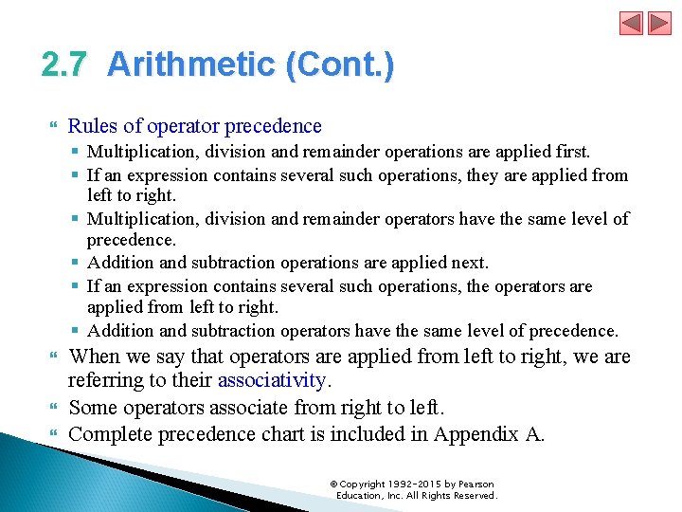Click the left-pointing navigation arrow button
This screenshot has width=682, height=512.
631,24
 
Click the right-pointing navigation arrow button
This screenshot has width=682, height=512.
659,24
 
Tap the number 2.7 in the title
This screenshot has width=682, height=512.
64,65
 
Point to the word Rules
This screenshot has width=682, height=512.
91,126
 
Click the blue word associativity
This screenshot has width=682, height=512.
272,380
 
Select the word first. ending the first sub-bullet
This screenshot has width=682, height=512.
570,152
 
